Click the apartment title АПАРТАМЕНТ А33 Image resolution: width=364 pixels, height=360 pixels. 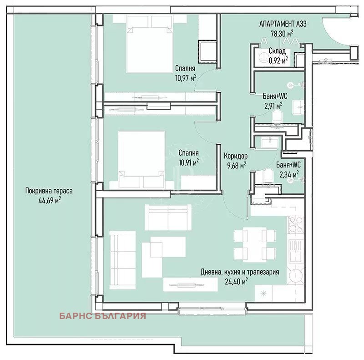point(283,24)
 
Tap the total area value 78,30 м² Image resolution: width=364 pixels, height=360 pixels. point(282,33)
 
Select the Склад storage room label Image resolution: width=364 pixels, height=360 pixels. point(277,51)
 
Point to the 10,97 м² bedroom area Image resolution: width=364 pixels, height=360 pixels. point(186,77)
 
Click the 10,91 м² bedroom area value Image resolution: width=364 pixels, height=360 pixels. point(188,162)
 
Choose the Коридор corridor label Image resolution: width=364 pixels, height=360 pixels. point(235,156)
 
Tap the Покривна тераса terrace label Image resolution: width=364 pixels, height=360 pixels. point(49,191)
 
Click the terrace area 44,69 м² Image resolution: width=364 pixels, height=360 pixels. point(50,200)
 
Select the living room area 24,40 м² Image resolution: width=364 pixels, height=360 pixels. point(236,282)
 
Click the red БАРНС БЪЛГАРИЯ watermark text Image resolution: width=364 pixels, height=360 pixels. point(103,316)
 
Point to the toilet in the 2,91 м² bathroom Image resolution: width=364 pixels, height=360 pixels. point(277,116)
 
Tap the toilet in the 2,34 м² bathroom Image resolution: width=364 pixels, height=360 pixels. point(268,175)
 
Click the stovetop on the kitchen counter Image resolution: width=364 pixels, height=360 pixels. point(296,224)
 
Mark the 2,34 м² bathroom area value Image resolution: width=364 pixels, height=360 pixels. point(289,174)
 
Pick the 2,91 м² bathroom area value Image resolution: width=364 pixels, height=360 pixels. point(273,106)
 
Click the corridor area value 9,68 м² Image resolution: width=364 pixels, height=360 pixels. point(237,165)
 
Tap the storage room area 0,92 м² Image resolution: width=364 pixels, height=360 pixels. point(278,61)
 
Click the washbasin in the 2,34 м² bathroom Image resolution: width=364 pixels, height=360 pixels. point(269,142)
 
